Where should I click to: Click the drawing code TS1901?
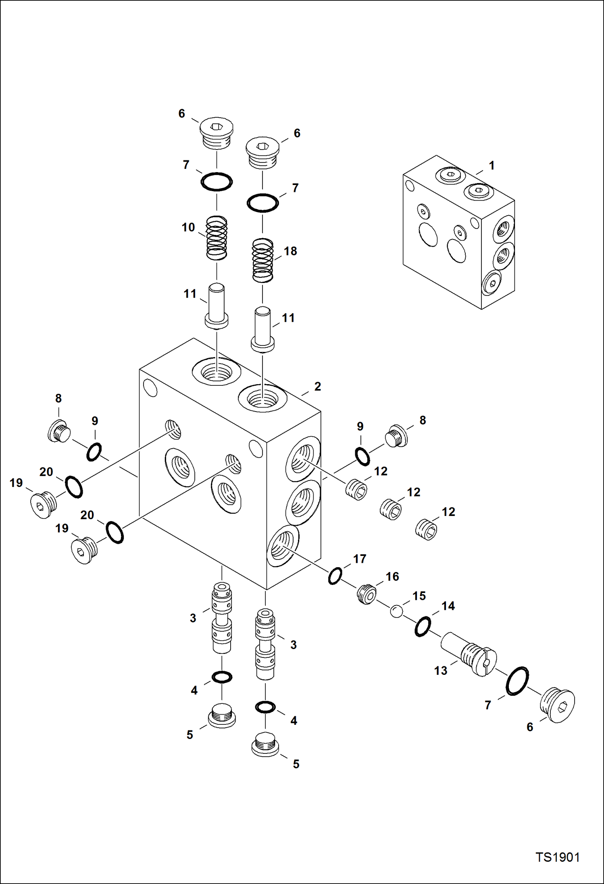pos(557,857)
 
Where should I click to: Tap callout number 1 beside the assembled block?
pos(492,165)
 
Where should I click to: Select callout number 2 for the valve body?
pos(318,386)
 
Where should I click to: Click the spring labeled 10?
pos(217,238)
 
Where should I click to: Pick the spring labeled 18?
pos(262,260)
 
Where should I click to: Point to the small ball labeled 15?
pos(396,611)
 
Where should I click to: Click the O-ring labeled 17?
pos(335,576)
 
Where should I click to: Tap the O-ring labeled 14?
pos(423,626)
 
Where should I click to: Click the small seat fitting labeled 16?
pos(367,594)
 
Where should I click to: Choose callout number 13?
pos(441,670)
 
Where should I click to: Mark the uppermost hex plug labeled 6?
pos(217,133)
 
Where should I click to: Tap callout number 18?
pos(290,251)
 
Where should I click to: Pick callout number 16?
pos(392,576)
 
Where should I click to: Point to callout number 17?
pos(360,559)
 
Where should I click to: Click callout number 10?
pos(188,227)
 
